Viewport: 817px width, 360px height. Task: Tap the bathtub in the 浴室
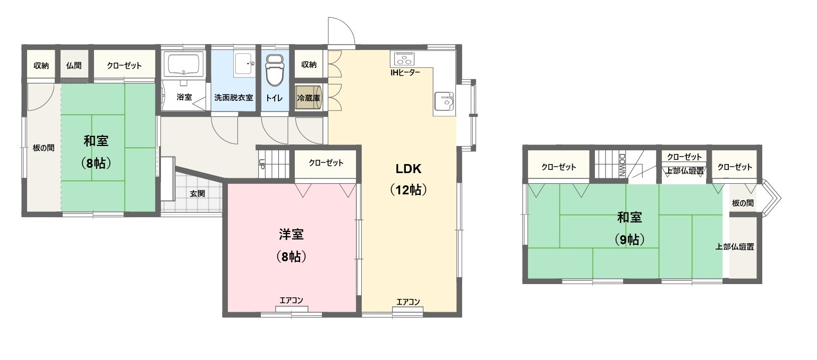[x=183, y=65]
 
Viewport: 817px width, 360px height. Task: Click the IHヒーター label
[x=405, y=72]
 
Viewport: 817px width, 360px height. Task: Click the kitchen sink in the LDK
[x=444, y=100]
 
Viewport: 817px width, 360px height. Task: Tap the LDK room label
[x=408, y=169]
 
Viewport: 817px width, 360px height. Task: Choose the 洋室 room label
[x=291, y=234]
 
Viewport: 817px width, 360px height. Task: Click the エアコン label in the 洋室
[x=291, y=301]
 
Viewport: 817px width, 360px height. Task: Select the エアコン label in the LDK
[x=408, y=302]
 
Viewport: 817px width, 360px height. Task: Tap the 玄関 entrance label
[x=197, y=194]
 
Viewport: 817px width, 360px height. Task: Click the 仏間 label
[x=74, y=66]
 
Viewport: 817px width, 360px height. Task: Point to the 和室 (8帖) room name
[x=96, y=141]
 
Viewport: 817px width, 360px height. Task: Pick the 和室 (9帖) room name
[x=629, y=217]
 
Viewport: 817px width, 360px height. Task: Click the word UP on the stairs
[x=261, y=164]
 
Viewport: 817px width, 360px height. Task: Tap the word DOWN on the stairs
[x=622, y=165]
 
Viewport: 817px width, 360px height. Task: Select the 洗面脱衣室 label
[x=233, y=98]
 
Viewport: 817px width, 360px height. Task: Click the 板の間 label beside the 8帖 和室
[x=43, y=148]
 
